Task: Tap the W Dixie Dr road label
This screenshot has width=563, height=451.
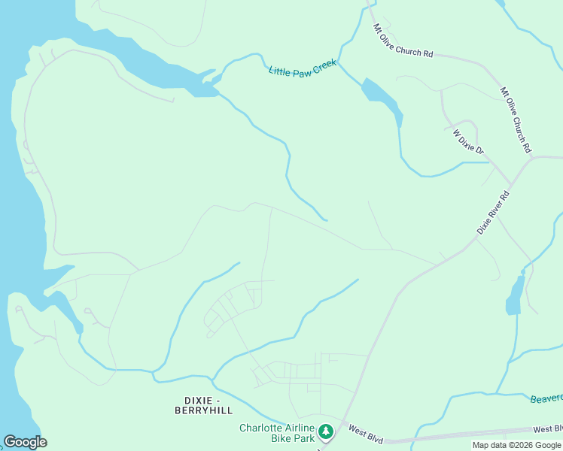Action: point(468,142)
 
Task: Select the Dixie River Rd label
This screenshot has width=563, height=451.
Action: point(494,213)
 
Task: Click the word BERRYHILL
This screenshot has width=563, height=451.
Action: point(203,410)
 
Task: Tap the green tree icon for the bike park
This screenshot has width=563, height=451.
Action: point(326,431)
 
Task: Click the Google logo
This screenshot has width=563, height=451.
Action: point(25,442)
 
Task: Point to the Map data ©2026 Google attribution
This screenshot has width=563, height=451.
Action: point(516,445)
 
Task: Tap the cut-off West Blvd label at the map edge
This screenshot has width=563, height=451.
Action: point(547,429)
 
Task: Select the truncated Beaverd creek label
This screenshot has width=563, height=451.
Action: point(546,398)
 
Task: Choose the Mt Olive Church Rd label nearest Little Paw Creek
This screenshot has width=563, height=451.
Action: point(403,41)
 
